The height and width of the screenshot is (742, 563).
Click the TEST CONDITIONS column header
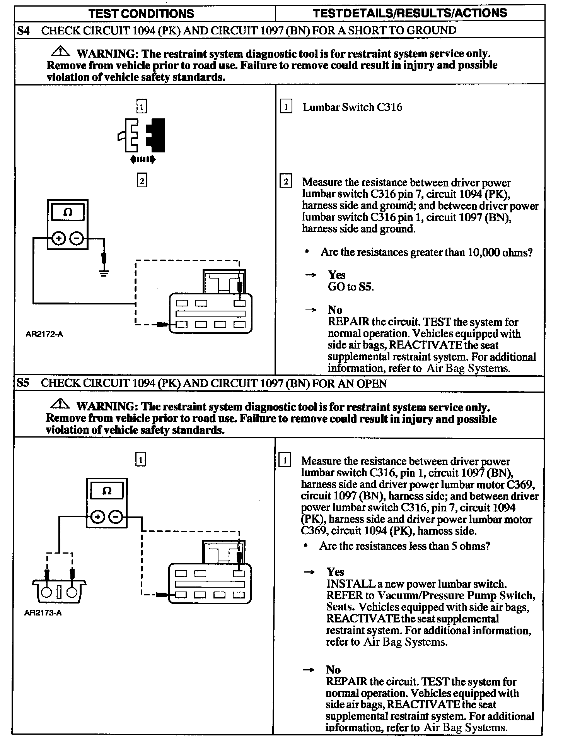click(141, 14)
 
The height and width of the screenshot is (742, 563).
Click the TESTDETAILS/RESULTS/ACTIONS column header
click(410, 13)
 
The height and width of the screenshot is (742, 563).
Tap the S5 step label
click(23, 383)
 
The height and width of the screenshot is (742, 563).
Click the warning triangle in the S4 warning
click(60, 51)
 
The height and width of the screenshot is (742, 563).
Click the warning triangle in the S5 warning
click(60, 404)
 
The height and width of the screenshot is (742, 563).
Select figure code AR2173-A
click(43, 613)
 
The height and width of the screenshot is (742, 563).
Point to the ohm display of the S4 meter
click(68, 212)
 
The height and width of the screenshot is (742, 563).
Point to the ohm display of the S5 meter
click(107, 491)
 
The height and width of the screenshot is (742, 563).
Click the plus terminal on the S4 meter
click(58, 238)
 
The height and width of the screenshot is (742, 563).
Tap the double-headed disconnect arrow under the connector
click(143, 159)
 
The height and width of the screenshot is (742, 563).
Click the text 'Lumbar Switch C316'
click(352, 107)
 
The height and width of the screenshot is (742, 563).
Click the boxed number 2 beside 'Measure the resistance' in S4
click(285, 181)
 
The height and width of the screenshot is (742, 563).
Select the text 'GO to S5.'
click(351, 287)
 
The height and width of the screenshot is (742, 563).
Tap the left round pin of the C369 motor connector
click(47, 592)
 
